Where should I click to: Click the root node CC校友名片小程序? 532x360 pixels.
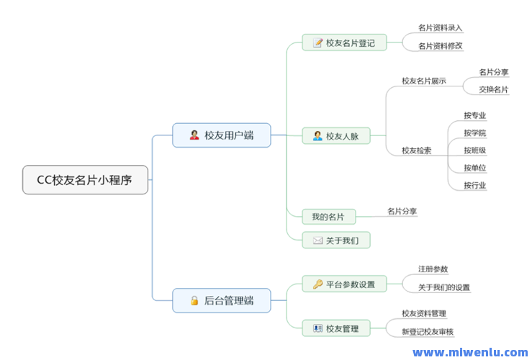tap(85, 180)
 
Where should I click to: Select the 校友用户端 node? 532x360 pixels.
tap(221, 135)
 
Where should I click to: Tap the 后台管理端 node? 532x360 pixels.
tap(221, 300)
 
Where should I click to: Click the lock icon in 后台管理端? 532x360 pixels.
tap(194, 300)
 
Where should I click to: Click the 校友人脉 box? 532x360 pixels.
tap(335, 135)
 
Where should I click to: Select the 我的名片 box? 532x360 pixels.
tap(328, 216)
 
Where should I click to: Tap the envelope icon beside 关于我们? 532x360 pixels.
tap(317, 240)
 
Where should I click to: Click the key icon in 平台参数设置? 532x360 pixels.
tap(317, 284)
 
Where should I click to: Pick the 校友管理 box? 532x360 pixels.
tap(335, 328)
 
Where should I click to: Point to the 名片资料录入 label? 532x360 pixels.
tap(440, 27)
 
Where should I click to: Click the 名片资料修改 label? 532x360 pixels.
tap(440, 45)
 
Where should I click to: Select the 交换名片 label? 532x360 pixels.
tap(494, 89)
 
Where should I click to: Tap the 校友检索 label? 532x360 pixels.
tap(417, 150)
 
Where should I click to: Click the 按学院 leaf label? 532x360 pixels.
tap(475, 132)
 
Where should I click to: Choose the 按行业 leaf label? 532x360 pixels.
tap(475, 185)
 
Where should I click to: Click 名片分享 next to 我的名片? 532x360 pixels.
tap(402, 211)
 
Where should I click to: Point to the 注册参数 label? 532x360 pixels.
tap(433, 269)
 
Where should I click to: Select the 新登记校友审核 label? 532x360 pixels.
tap(428, 331)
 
